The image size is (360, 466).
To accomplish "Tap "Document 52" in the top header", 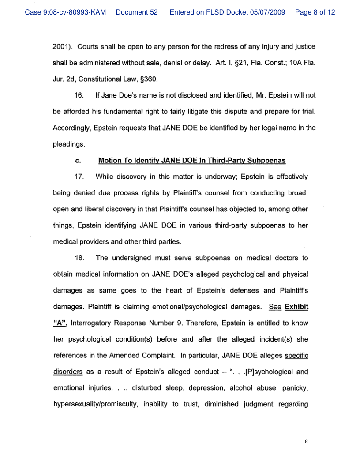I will pyautogui.click(x=136, y=12).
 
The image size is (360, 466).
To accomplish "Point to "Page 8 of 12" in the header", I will pyautogui.click(x=315, y=12).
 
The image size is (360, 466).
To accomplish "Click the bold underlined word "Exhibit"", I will pyautogui.click(x=296, y=307).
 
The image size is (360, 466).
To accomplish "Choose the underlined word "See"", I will pyautogui.click(x=275, y=307).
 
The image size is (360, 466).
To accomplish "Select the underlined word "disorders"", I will pyautogui.click(x=67, y=372).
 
